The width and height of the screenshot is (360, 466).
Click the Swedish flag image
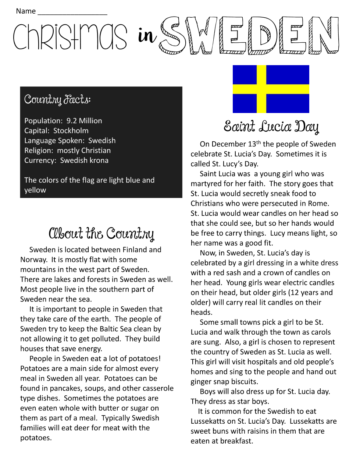271,89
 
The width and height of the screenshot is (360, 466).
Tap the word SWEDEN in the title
249,36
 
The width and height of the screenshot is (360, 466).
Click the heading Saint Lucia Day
271,127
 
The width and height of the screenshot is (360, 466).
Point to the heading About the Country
101,233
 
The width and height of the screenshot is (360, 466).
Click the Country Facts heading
57,99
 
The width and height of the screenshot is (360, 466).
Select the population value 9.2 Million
84,121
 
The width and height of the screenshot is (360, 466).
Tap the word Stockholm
71,131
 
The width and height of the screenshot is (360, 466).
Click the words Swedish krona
84,160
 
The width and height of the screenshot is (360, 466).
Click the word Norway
33,260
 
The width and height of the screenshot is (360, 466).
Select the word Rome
318,203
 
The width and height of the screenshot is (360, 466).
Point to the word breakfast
237,441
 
